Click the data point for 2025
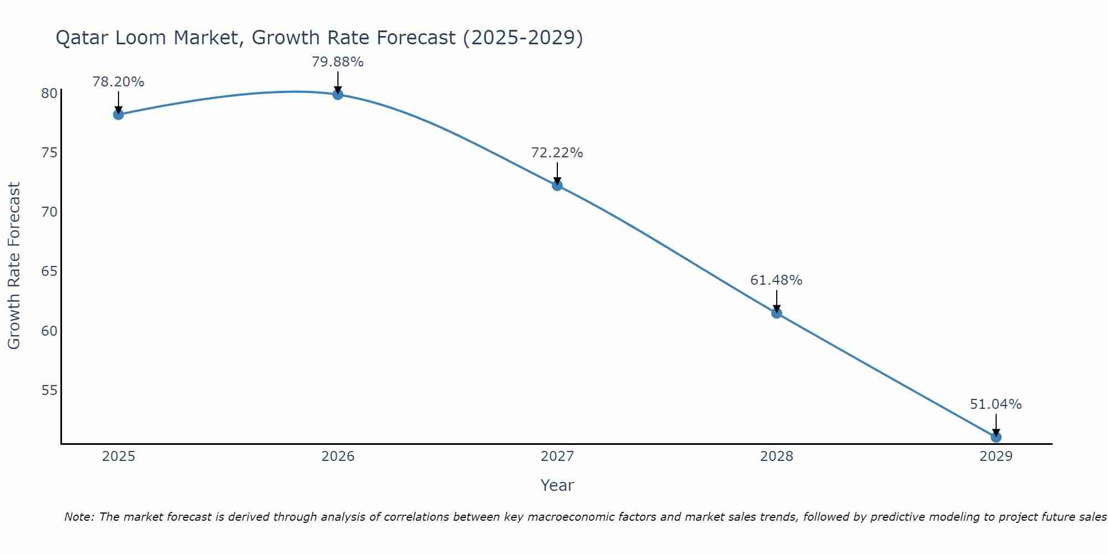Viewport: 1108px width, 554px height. tap(118, 115)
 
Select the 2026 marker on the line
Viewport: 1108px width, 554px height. tap(338, 94)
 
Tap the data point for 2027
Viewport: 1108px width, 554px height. tap(557, 185)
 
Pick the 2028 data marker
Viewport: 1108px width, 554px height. tap(777, 313)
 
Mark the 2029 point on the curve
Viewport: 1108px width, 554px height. tap(996, 437)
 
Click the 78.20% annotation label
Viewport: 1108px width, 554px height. tap(118, 82)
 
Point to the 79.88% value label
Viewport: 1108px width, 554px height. tap(337, 62)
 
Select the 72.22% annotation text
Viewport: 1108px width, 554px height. tap(557, 153)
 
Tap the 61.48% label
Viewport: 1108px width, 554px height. tap(776, 280)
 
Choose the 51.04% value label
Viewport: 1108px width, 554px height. tap(996, 404)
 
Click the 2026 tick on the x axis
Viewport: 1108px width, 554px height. tap(338, 456)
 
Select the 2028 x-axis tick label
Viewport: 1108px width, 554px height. tap(777, 456)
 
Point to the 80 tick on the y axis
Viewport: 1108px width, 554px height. tap(49, 93)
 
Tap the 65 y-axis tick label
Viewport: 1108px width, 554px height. tap(49, 271)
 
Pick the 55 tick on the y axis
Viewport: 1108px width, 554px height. tap(49, 391)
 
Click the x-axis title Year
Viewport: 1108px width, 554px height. tap(557, 485)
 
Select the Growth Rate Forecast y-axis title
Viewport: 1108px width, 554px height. tap(14, 265)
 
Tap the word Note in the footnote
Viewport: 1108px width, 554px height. tap(79, 517)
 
